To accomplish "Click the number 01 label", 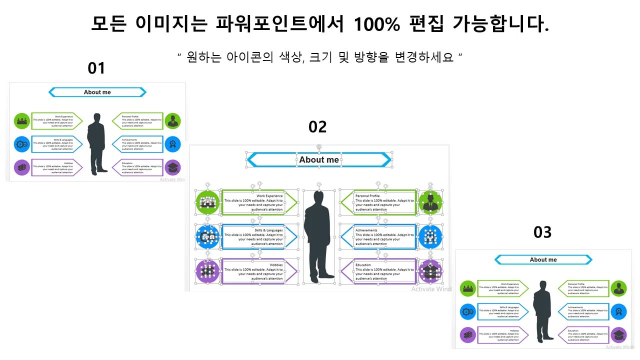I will click(x=96, y=68).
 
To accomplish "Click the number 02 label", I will click(x=317, y=127).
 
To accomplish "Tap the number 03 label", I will click(x=542, y=232).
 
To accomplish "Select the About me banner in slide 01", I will click(x=97, y=92).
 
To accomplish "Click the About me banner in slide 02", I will click(x=319, y=160).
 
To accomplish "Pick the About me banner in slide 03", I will click(x=543, y=260).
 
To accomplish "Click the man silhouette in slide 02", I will click(x=318, y=235).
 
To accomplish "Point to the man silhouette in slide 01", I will click(x=97, y=143).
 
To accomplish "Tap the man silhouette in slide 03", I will click(x=542, y=311).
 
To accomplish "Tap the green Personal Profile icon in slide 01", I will click(x=173, y=121).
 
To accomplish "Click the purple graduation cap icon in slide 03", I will click(x=618, y=335).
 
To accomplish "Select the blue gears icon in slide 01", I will click(x=22, y=144).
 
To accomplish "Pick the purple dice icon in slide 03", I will click(x=468, y=335).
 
